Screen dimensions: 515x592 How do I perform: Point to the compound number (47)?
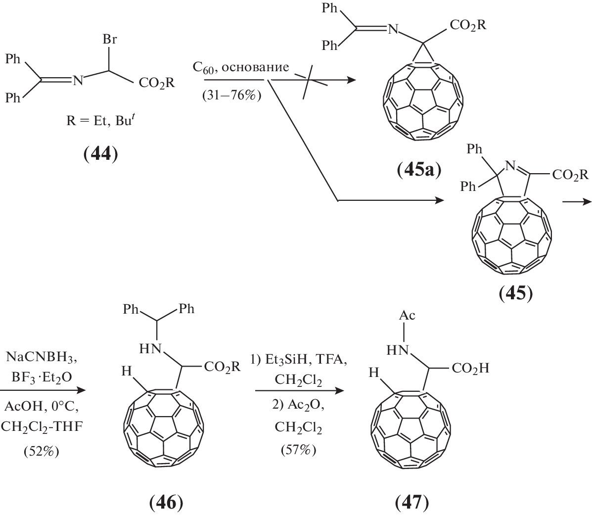pos(412,503)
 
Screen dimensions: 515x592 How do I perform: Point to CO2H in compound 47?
pos(469,369)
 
